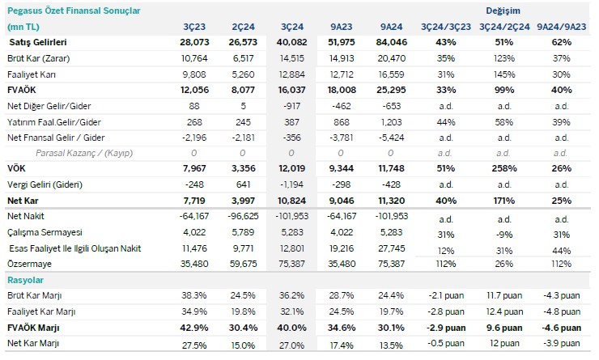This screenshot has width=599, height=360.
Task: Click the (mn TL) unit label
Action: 23,27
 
